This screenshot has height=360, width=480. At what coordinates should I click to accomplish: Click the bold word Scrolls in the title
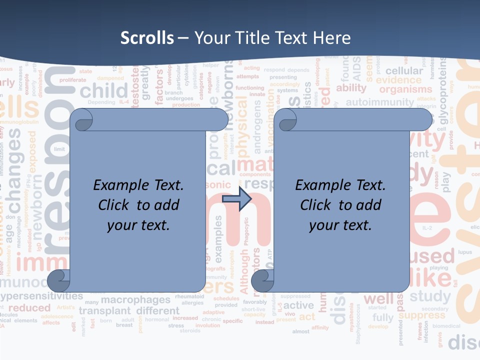pos(147,38)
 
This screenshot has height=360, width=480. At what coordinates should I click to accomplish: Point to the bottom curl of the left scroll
pos(59,281)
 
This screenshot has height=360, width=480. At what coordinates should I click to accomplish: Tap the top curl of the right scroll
pos(286,120)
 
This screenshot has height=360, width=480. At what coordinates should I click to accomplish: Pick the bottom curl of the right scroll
pos(263,281)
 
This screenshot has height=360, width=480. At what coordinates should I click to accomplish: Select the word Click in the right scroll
pos(316,205)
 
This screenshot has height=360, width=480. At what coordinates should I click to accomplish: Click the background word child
pos(104,91)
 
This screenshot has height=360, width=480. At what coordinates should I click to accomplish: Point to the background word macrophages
pos(135,300)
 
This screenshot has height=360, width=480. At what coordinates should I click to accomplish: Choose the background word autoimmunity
pos(380,102)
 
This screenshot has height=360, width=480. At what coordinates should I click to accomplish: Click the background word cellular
pos(404,71)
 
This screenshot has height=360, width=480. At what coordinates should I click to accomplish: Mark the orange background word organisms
pos(405,90)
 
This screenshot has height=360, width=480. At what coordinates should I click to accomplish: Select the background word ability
pos(351,88)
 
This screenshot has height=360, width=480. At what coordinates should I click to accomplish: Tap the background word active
pos(298,305)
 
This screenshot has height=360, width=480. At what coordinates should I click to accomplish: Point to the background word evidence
pos(399,80)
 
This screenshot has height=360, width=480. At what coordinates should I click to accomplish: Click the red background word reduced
pos(29,307)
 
